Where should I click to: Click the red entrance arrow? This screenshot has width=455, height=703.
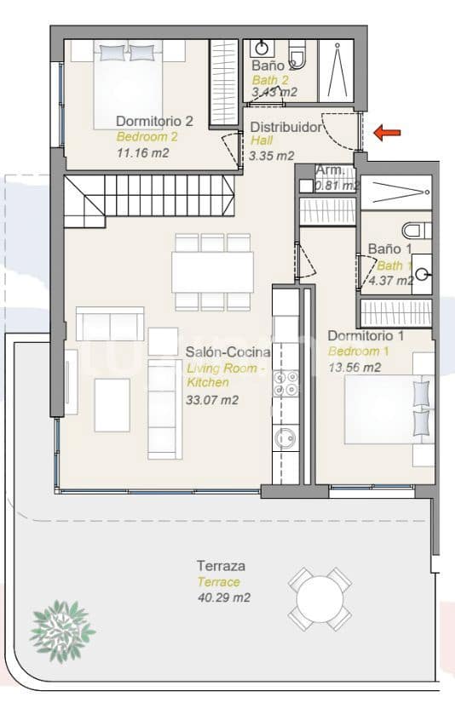pos(389,132)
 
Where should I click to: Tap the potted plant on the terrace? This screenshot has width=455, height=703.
pos(62,628)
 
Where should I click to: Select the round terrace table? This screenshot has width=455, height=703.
pos(320,599)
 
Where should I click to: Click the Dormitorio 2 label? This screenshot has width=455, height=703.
pos(154,121)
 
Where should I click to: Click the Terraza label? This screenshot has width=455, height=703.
pos(222,566)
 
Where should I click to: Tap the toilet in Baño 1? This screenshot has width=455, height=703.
pos(415,229)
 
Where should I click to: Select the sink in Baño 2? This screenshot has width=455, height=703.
pos(262,48)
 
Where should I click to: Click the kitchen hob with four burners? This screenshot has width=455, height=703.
pos(286,382)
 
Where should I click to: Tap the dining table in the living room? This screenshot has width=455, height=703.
pos(212,271)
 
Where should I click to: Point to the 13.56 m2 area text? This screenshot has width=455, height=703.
pos(354,368)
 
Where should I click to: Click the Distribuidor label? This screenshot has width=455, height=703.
pos(286,128)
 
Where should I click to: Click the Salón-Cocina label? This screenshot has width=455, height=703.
pos(228,351)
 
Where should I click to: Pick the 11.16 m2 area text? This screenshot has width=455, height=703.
pos(142,152)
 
